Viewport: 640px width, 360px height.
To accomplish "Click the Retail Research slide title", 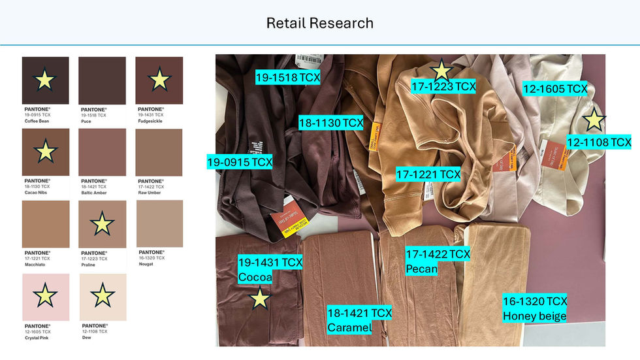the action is (x=319, y=24).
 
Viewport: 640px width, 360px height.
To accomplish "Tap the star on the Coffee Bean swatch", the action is (x=44, y=80).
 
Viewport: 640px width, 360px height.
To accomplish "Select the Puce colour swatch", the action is (x=102, y=80).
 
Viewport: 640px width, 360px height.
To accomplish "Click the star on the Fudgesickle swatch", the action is (x=159, y=80).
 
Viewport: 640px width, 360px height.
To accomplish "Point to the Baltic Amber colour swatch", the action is (x=102, y=152).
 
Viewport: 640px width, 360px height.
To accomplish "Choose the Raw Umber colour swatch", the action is (x=159, y=152).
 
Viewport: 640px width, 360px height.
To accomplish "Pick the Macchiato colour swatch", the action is (x=45, y=223).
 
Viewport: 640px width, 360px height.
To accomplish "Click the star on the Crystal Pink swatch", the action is (x=45, y=295).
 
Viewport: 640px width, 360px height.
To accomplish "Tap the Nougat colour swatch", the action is (x=159, y=223).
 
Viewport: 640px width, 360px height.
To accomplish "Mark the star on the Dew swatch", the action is (x=103, y=295).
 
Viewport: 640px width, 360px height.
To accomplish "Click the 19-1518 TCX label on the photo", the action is (x=287, y=77).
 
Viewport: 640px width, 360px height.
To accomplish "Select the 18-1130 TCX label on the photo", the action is (x=330, y=122).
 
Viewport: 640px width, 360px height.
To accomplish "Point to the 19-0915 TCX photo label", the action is (x=240, y=161).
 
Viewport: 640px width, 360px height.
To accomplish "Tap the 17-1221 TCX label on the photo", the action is (x=428, y=174).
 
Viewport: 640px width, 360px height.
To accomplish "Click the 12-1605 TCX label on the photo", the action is (x=555, y=88).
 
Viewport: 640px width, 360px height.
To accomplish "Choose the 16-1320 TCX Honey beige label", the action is (x=535, y=308).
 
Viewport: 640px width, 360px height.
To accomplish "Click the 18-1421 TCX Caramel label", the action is (x=359, y=319).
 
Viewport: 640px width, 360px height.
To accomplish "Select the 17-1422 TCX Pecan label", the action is (x=438, y=261).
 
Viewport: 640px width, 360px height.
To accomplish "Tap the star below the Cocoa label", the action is (x=260, y=299).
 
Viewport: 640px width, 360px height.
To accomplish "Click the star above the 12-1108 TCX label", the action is (x=594, y=120).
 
